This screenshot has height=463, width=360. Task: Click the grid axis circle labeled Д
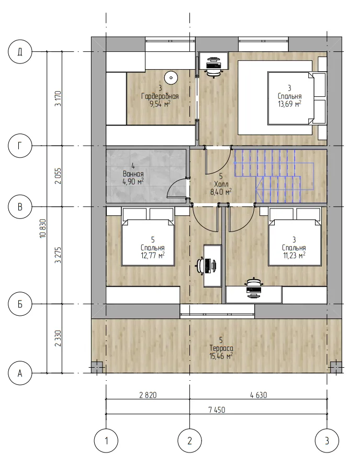coord(20,52)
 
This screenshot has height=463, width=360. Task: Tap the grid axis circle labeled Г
coord(20,146)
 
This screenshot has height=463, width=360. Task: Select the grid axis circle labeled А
coord(20,373)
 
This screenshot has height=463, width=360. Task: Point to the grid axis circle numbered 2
coord(189,441)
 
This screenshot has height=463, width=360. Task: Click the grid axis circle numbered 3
coord(327,441)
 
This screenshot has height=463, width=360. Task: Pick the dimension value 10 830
coord(43,228)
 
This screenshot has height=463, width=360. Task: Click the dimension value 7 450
coord(217,410)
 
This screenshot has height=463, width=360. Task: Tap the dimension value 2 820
coord(148,395)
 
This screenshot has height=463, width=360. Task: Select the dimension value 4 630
coord(258,395)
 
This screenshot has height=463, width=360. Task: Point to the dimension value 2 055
coord(59,176)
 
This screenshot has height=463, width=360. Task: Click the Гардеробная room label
coord(160,96)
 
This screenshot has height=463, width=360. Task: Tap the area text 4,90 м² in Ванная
coord(133,181)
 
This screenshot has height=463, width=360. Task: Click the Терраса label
coord(221,348)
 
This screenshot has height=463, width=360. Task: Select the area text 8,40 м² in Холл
coord(221,192)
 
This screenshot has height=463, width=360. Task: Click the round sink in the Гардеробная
coord(171,78)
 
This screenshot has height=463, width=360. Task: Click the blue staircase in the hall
coord(274,176)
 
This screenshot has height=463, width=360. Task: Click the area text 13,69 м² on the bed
coord(289,104)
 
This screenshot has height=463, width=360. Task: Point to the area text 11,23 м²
coord(294,255)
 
